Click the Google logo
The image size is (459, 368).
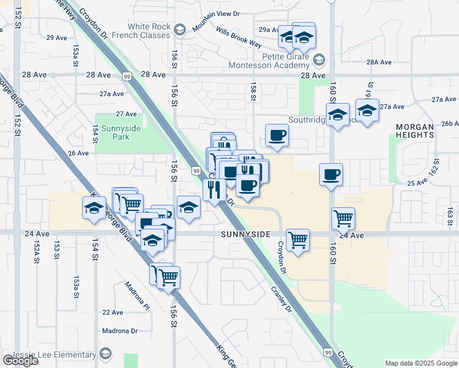20,361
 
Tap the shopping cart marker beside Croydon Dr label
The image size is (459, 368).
298,239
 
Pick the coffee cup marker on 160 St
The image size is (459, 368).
331,174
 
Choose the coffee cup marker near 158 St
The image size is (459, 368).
277,135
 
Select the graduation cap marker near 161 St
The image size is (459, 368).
367,110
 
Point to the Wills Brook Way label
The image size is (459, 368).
239,37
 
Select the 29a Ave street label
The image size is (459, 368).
265,29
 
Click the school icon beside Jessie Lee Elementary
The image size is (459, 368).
106,354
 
